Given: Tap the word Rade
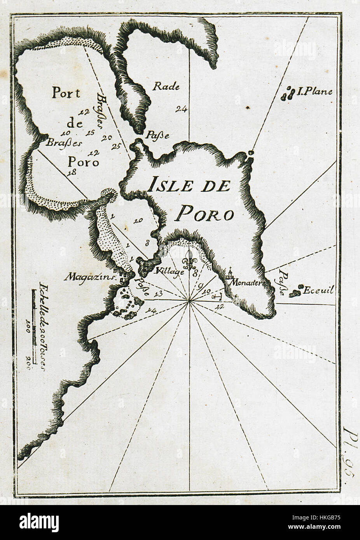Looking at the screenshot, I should pos(166,86).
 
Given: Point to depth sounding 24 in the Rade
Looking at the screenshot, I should pos(181,109).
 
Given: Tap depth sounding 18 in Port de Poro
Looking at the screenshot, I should pos(71,173).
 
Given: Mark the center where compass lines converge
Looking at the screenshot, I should pos(189,300).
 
